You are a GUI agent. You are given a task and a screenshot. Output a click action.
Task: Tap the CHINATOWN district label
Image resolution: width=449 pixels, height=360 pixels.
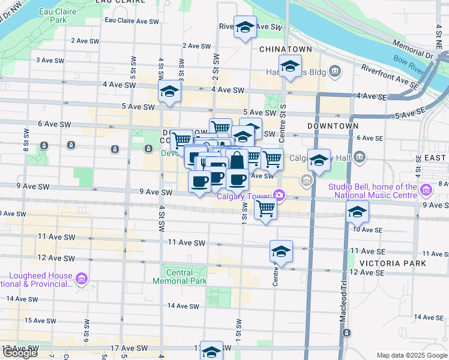coord(283,49)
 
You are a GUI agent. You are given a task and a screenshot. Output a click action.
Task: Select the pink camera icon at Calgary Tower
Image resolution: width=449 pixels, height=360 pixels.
coord(279,194)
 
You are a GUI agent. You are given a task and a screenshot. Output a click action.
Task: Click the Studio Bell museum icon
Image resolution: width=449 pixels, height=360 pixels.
coord(426,191)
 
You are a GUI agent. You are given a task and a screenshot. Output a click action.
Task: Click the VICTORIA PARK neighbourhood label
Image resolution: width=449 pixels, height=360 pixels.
coord(393,263)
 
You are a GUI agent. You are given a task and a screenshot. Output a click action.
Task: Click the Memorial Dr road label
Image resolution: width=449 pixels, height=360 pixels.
coord(412,49)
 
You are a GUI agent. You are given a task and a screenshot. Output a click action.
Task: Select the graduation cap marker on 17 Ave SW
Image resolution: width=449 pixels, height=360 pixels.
coord(211,352)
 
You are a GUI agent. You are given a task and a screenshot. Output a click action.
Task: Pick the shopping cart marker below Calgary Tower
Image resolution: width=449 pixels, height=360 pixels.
coord(265,209)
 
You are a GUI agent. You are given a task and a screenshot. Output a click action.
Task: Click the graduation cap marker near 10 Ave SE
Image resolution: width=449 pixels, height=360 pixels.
coord(357,212)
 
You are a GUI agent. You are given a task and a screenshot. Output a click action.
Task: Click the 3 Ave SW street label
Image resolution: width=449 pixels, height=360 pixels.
coord(50,60)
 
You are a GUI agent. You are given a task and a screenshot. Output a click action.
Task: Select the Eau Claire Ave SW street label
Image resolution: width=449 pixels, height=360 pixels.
coord(131,20)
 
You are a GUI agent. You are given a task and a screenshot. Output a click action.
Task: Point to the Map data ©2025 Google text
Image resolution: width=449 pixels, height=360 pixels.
coord(411,355)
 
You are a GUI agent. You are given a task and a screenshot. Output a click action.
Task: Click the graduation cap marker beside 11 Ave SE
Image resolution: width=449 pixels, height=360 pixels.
coord(281,251)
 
